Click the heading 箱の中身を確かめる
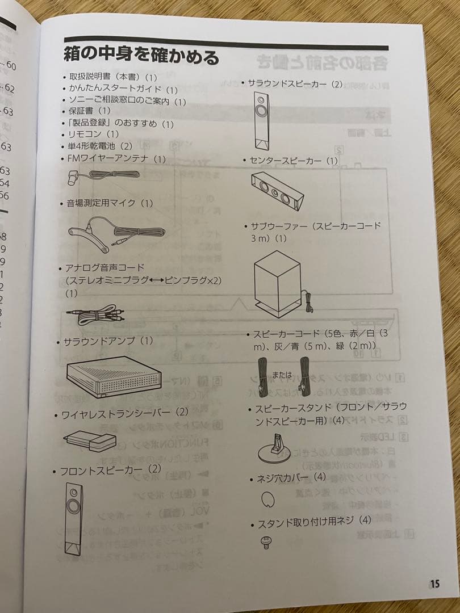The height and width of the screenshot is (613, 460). (x=141, y=57)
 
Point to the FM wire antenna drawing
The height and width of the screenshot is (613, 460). (x=102, y=177)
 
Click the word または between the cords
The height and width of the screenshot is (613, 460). (x=282, y=375)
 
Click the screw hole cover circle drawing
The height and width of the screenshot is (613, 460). (x=269, y=499)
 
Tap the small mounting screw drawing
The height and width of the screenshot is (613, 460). (x=265, y=543)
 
